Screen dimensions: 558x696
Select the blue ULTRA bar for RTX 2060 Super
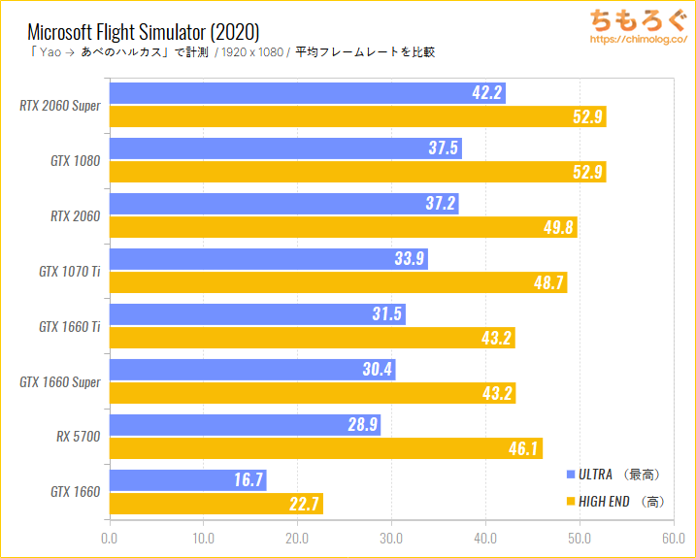[308, 93]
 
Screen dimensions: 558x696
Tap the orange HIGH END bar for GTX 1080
[357, 173]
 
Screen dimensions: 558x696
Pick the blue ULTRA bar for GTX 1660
[187, 479]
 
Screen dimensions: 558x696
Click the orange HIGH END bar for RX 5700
[325, 448]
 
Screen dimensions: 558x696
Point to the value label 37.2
[437, 204]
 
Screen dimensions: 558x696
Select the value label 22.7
[302, 504]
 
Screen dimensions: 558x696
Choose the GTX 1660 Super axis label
[59, 381]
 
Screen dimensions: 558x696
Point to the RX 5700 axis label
[78, 437]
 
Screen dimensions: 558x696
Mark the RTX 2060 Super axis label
[59, 106]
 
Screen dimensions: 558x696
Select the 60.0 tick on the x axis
[674, 536]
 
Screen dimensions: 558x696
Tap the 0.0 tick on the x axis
[110, 536]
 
